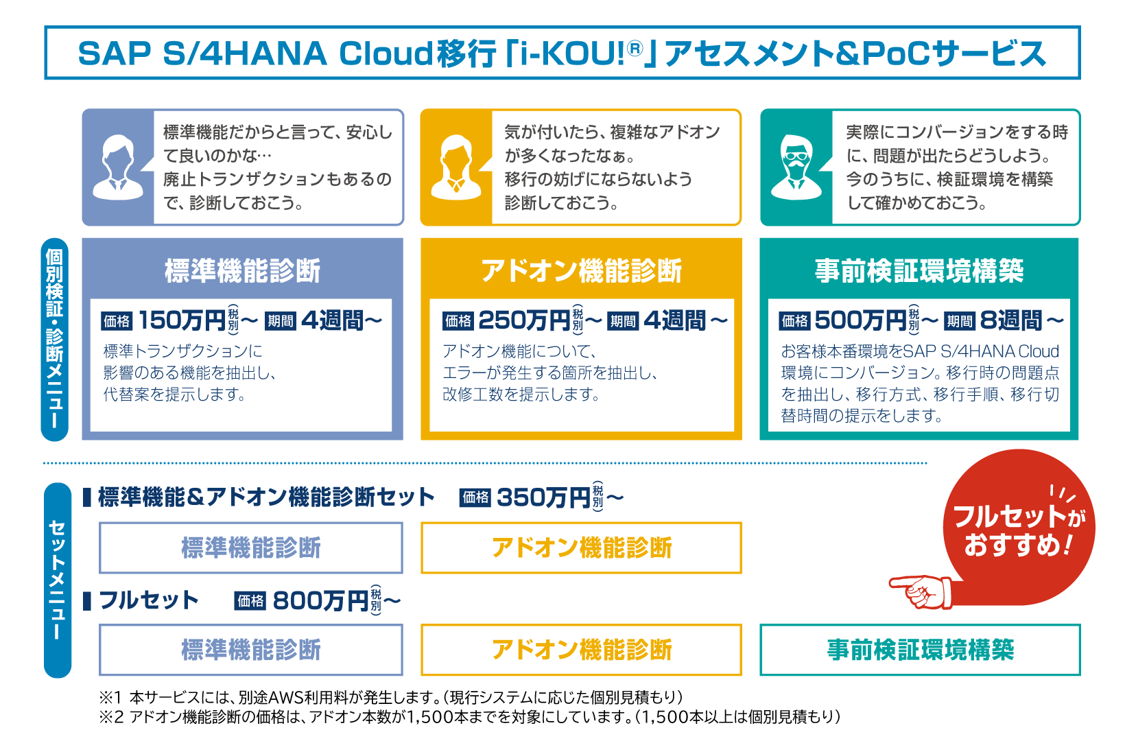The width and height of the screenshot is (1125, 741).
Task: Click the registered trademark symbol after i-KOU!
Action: [x=635, y=49]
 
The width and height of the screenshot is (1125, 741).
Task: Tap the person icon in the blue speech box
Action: [x=118, y=168]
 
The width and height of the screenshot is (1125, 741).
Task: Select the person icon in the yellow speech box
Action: [x=456, y=168]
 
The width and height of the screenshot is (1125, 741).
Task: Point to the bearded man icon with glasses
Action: [x=796, y=168]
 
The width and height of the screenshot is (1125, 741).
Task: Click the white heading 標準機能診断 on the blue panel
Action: [x=243, y=271]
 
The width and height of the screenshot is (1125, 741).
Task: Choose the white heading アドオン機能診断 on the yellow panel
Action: [x=582, y=271]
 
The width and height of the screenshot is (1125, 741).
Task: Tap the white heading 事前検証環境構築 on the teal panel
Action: [x=919, y=271]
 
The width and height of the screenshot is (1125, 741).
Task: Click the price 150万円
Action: [x=182, y=320]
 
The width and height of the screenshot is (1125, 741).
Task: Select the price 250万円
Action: [x=524, y=320]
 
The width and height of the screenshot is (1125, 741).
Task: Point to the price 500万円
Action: [x=860, y=320]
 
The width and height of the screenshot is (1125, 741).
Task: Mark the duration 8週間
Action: [x=1011, y=320]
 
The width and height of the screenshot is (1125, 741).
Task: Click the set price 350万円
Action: [x=543, y=498]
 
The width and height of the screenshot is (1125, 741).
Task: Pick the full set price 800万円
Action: [x=320, y=600]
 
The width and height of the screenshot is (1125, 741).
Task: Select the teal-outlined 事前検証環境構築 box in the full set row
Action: [x=920, y=650]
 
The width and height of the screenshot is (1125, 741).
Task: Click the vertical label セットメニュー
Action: [x=57, y=580]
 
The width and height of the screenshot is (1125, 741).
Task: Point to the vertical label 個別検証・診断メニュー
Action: [x=54, y=340]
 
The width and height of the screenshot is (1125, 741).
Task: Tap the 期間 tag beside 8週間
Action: [x=959, y=321]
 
